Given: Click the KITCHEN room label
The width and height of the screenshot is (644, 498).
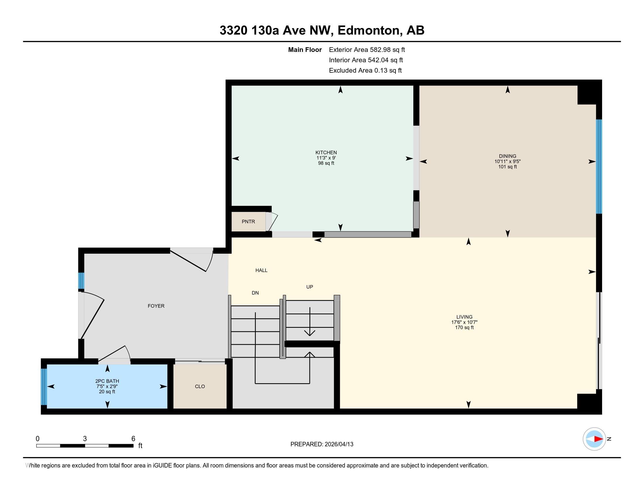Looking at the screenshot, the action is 326,153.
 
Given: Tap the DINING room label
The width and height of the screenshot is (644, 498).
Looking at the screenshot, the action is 508,156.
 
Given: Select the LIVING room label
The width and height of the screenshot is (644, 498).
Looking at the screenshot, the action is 465,317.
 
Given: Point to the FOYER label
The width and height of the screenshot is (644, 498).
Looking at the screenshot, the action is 156,306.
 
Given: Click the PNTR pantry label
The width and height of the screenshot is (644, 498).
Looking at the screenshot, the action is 248,221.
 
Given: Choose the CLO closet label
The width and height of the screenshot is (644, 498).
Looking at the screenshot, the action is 200,386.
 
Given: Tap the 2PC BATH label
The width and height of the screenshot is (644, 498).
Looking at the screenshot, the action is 107,381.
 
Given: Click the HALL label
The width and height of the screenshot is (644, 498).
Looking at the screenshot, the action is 261,270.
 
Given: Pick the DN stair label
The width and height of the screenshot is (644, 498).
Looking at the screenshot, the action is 255,293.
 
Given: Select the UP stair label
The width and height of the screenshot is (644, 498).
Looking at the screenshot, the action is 309,287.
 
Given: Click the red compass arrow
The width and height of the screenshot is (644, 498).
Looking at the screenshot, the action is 598,439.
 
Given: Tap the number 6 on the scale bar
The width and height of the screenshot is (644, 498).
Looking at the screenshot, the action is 133,439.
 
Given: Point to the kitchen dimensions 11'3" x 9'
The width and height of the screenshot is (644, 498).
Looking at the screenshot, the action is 326,158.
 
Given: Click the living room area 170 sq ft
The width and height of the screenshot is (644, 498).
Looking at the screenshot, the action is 465,328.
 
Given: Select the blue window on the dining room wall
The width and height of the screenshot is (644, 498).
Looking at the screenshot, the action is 599,166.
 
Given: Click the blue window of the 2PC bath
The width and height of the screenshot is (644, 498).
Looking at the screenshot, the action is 44,387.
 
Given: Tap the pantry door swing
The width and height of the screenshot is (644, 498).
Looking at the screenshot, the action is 273,221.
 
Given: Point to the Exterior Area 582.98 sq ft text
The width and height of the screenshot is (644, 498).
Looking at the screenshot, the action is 367,50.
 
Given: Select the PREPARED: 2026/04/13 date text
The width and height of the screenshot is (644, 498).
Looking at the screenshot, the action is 322,444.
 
